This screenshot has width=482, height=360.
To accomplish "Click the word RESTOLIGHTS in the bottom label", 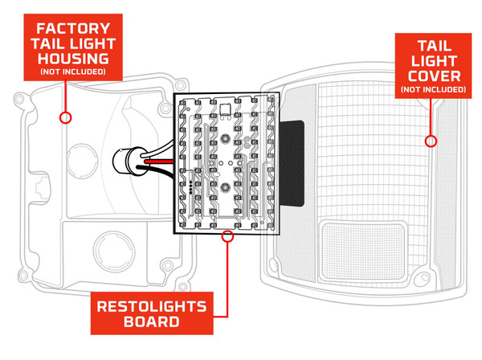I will click(152, 305).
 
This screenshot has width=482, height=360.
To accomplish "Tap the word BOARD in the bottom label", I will click(152, 324).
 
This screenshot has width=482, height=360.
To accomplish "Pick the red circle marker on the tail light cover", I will click(431, 141).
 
